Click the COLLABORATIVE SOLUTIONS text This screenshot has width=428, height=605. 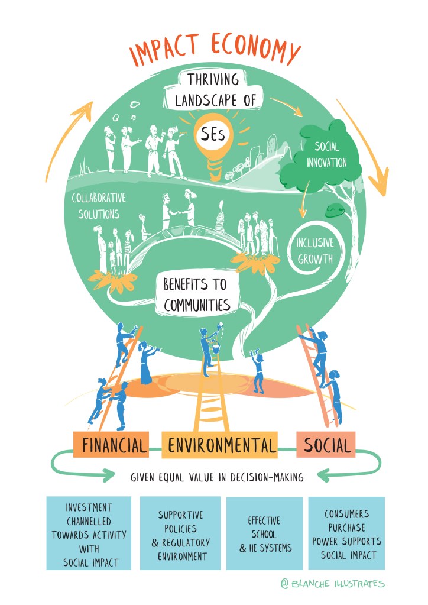(99, 205)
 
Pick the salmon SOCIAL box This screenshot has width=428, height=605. (326, 445)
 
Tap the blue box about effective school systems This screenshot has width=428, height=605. (264, 534)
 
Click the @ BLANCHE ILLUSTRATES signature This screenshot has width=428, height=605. (333, 584)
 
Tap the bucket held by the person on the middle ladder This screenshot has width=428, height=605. (215, 348)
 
